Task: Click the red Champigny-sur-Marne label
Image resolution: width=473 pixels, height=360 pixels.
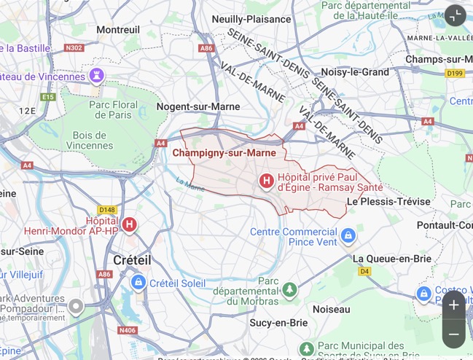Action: [224, 153]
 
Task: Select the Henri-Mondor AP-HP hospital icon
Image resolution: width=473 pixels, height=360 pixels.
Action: [130, 224]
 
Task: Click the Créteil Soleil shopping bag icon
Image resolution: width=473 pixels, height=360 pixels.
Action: [138, 282]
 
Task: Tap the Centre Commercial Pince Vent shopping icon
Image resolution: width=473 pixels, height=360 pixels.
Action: [348, 236]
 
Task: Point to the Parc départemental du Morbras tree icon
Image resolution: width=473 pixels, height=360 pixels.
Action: [290, 290]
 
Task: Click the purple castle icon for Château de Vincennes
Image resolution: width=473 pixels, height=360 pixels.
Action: [96, 76]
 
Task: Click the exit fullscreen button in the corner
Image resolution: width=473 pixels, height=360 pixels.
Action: [455, 15]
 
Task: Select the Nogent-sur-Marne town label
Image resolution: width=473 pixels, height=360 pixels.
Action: [198, 106]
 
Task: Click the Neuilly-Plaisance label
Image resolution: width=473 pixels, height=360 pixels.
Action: [251, 19]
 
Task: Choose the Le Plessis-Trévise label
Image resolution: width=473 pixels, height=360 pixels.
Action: [388, 201]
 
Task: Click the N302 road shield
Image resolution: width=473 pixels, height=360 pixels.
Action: [74, 48]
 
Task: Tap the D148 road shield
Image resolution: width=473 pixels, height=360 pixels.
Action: [107, 209]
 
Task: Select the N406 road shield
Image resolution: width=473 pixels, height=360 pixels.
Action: [128, 330]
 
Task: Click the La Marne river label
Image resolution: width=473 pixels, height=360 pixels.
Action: [191, 186]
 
